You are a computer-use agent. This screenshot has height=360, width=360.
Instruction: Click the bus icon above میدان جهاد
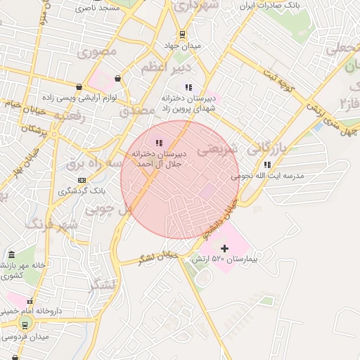pyautogui.click(x=183, y=34)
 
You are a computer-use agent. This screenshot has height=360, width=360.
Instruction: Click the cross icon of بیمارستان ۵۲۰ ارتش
pyautogui.click(x=224, y=248)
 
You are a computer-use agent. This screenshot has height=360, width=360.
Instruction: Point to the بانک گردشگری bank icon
pyautogui.click(x=82, y=180)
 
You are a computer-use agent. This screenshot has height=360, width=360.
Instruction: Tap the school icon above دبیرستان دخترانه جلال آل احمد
pyautogui.click(x=158, y=143)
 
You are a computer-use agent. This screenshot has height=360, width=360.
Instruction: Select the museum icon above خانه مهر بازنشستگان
pyautogui.click(x=11, y=255)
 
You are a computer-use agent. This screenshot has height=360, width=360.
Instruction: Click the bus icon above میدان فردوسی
pyautogui.click(x=25, y=324)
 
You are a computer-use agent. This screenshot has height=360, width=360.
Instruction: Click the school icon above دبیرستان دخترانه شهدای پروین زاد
pyautogui.click(x=188, y=87)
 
